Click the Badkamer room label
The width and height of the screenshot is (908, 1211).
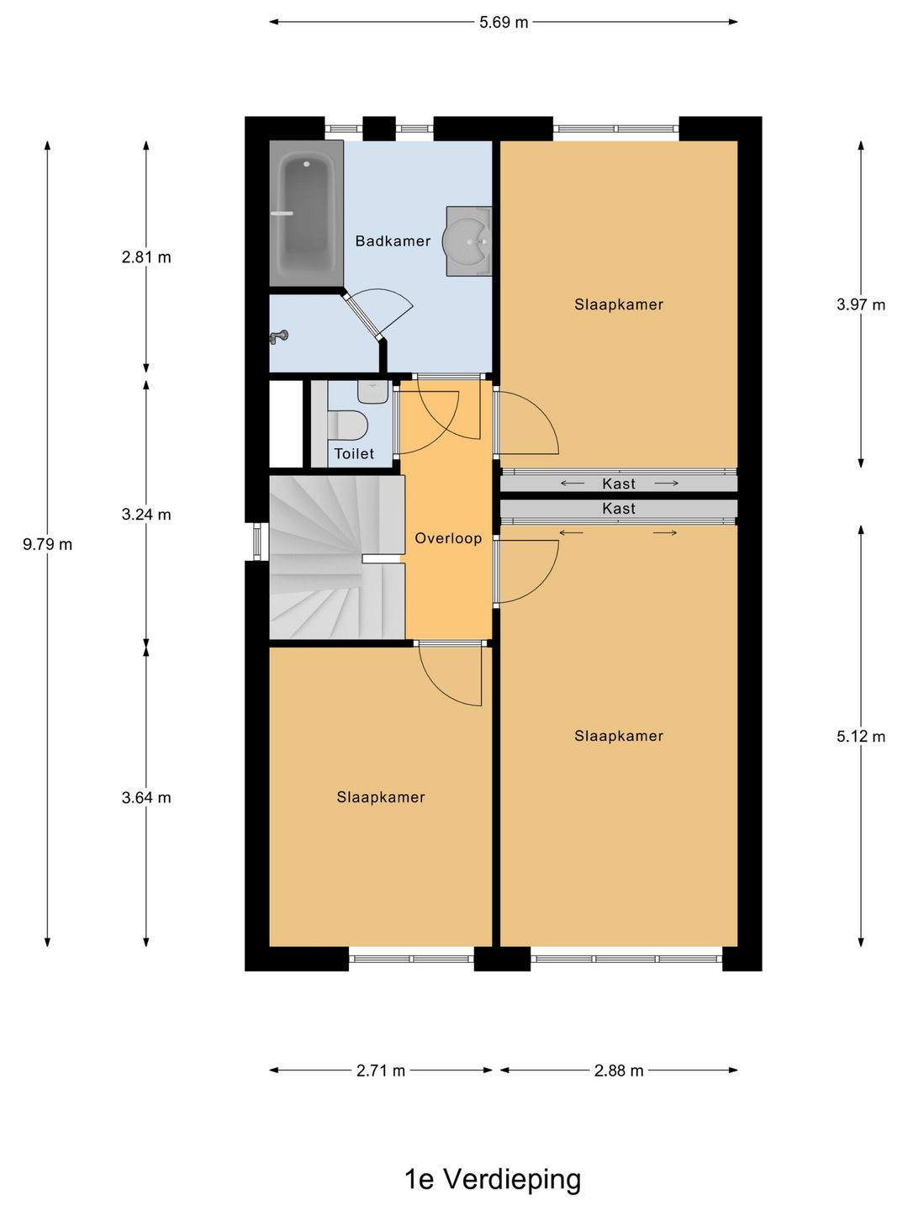point(393,241)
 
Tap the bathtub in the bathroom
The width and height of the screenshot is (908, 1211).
point(306,214)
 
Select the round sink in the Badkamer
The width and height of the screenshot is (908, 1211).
point(468,241)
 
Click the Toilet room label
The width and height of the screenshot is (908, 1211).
point(354,453)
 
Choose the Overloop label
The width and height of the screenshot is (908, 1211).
point(448,538)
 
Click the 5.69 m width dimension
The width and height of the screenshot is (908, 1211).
point(504,22)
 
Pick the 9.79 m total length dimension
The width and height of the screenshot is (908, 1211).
point(47,544)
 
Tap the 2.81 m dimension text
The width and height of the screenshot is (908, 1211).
point(146,257)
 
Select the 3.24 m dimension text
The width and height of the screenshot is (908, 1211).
point(146,514)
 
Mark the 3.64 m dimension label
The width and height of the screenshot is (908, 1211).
point(146,797)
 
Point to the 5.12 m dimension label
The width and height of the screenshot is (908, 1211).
point(861,736)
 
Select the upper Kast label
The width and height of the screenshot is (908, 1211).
point(619,484)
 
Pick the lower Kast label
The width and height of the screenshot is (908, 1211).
point(619,508)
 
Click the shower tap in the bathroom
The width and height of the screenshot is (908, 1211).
point(278,336)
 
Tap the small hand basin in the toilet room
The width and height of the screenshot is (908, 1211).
point(374,392)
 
